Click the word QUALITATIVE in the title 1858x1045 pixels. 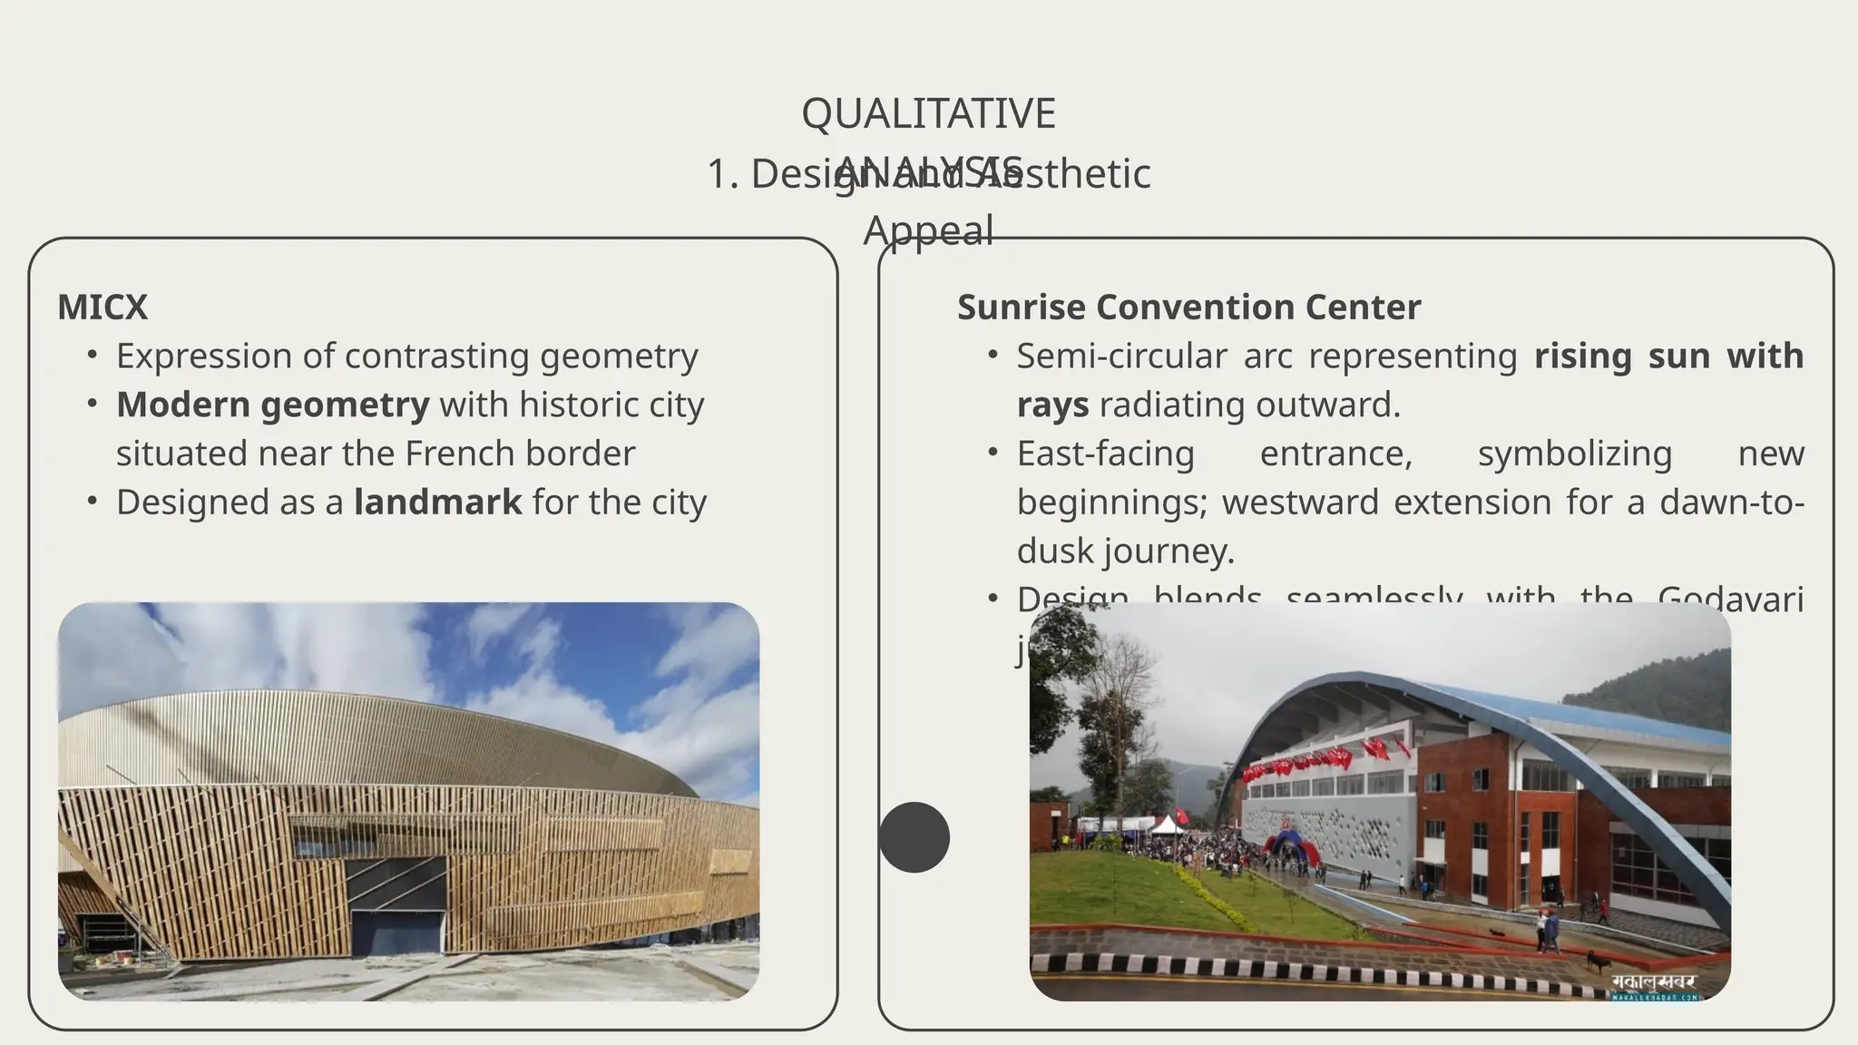pos(928,114)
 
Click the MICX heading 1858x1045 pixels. pos(103,308)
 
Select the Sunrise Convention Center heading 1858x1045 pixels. pos(1188,308)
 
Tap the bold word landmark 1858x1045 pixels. pos(437,503)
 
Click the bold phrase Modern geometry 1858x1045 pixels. pos(272,405)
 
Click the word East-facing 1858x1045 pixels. pos(1105,454)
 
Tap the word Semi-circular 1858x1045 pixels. pos(1121,356)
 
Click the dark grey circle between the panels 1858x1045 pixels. pos(914,837)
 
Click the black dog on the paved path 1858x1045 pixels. pos(1598,961)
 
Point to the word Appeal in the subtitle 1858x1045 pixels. pos(928,230)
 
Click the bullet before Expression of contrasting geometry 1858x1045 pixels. pos(93,355)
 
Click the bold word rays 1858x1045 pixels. pos(1052,405)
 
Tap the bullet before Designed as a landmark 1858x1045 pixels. pos(93,502)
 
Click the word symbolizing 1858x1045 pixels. pos(1574,454)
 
